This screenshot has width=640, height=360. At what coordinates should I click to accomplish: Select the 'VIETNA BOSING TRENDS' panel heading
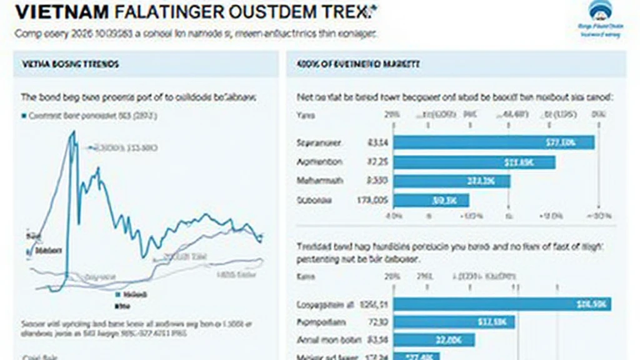(71, 64)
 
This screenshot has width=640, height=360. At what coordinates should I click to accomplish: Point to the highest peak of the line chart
(72, 132)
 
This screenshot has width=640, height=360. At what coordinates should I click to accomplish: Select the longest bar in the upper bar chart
(494, 142)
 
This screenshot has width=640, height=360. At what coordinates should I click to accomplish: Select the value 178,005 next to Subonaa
(373, 201)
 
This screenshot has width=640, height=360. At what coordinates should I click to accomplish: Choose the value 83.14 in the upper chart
(377, 143)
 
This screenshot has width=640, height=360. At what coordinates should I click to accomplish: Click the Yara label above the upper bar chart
(306, 116)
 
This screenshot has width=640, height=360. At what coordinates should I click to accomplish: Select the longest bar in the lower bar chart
(502, 304)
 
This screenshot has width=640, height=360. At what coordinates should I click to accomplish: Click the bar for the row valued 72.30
(454, 322)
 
